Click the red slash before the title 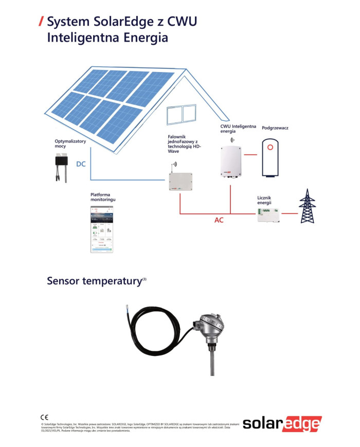[41, 22]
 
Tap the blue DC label [81, 165]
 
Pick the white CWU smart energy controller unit [231, 162]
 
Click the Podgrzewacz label [275, 128]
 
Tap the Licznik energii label [264, 200]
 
